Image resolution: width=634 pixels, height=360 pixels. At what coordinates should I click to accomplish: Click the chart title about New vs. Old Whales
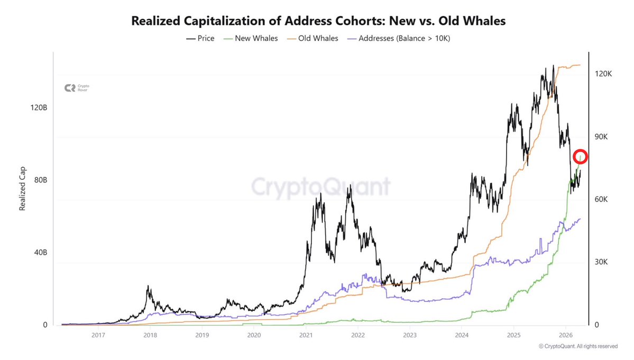click(x=318, y=21)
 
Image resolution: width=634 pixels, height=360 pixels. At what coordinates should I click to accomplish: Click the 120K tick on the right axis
click(x=603, y=74)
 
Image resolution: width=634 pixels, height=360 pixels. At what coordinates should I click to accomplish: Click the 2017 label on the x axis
click(x=98, y=335)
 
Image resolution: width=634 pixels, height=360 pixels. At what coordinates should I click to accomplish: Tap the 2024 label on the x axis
click(x=462, y=335)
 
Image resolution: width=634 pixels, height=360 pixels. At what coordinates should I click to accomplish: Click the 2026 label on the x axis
click(x=566, y=335)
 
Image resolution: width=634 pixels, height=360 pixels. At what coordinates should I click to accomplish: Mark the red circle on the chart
click(x=581, y=156)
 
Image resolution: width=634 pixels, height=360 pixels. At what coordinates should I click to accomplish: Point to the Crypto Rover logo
click(x=76, y=88)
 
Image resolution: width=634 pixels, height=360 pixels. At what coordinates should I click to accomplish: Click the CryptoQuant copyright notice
click(x=578, y=346)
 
